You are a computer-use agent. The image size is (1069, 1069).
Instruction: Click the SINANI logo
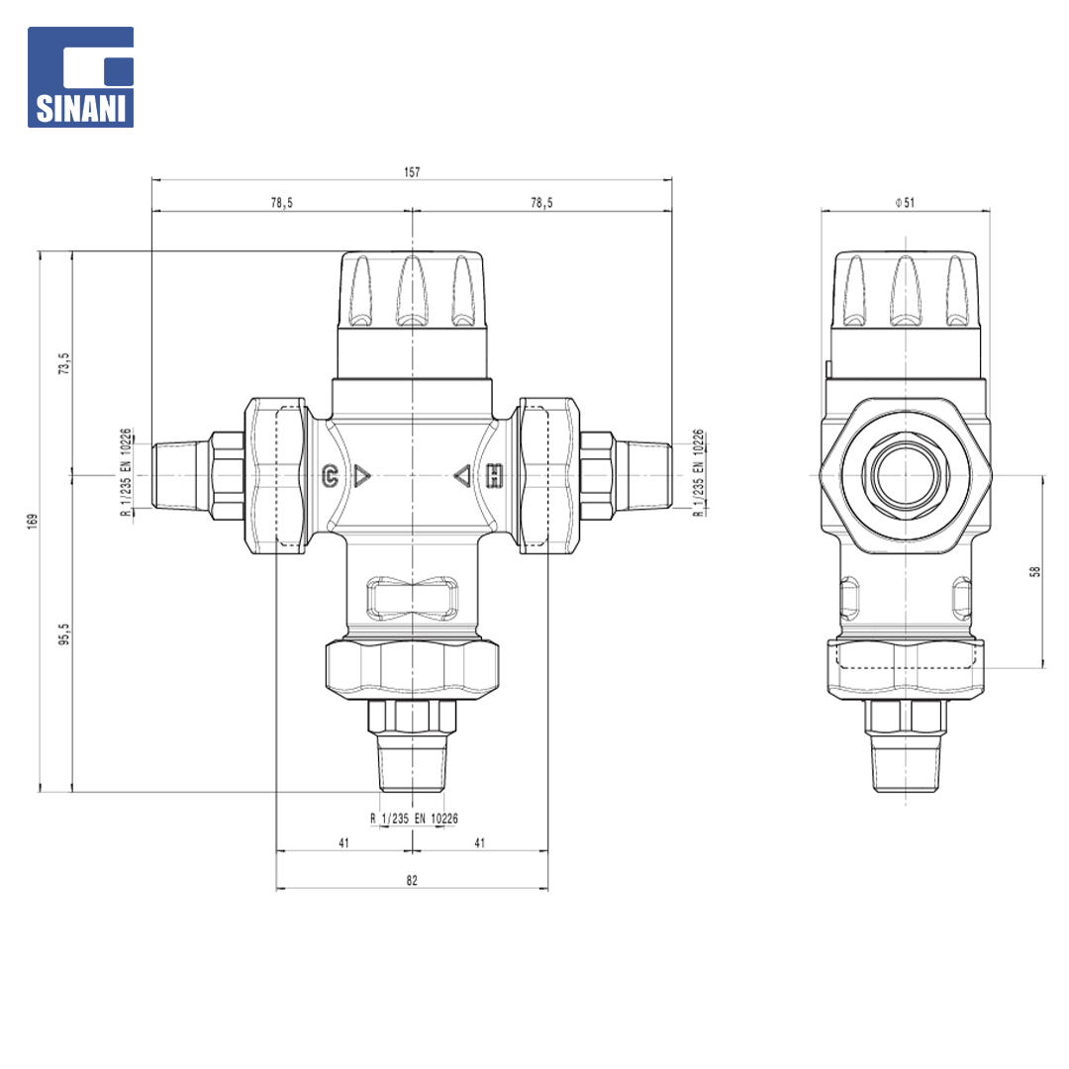pyautogui.click(x=80, y=77)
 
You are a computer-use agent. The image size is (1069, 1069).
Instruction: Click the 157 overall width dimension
pyautogui.click(x=412, y=172)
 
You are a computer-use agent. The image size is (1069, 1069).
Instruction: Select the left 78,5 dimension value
pyautogui.click(x=281, y=203)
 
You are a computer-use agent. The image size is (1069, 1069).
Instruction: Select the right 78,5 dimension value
pyautogui.click(x=542, y=203)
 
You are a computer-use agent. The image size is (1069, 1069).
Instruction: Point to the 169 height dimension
pyautogui.click(x=33, y=522)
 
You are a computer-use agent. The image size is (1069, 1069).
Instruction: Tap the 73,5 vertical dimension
pyautogui.click(x=64, y=363)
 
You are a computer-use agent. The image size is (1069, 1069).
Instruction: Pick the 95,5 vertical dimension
pyautogui.click(x=64, y=634)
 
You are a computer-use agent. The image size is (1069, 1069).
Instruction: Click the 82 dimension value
pyautogui.click(x=412, y=880)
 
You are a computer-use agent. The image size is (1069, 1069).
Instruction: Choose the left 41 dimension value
pyautogui.click(x=343, y=842)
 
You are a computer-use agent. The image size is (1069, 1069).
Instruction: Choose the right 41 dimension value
pyautogui.click(x=480, y=842)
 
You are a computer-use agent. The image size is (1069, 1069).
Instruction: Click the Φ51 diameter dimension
pyautogui.click(x=905, y=203)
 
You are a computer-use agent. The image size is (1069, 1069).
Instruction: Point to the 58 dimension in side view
pyautogui.click(x=1035, y=571)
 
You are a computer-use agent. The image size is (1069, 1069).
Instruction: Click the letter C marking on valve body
pyautogui.click(x=330, y=475)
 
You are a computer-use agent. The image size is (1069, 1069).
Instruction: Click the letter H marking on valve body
pyautogui.click(x=495, y=476)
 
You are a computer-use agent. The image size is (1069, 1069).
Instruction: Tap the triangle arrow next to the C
pyautogui.click(x=361, y=476)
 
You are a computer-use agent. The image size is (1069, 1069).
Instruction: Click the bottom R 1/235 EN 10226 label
pyautogui.click(x=414, y=819)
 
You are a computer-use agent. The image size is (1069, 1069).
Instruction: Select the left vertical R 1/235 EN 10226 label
pyautogui.click(x=126, y=472)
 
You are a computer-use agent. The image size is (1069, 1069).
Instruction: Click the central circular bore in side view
pyautogui.click(x=906, y=475)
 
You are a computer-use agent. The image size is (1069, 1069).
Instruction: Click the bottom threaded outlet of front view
pyautogui.click(x=413, y=762)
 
